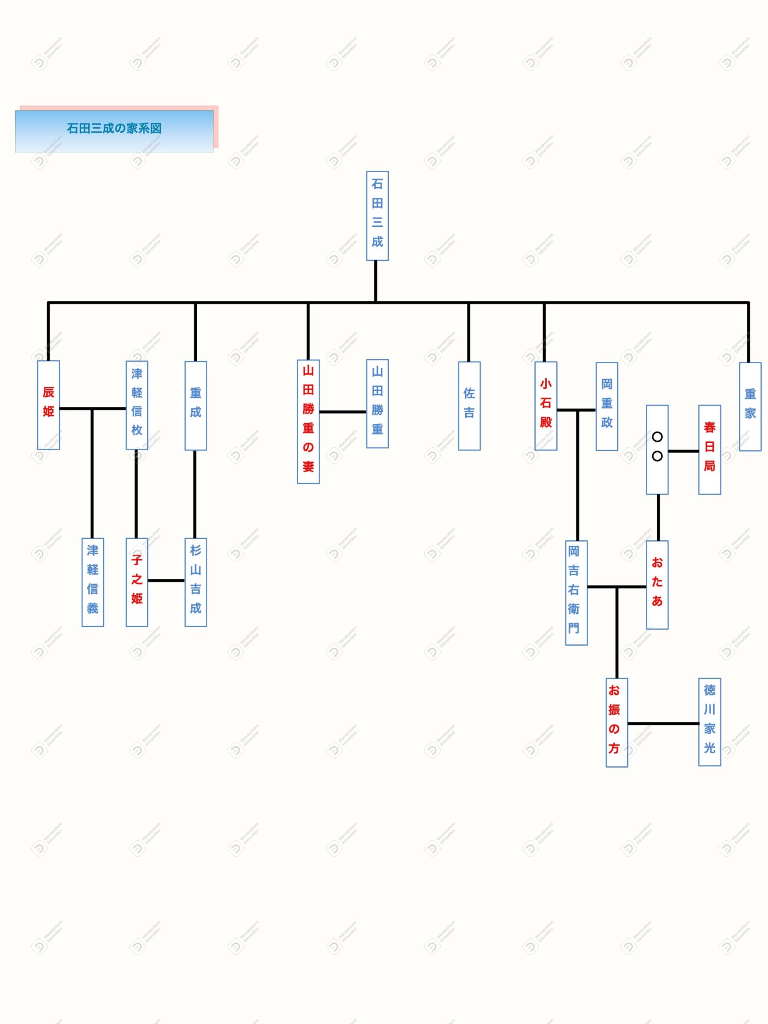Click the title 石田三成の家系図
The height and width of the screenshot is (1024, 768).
[x=114, y=129]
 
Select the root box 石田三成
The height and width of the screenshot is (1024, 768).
[x=377, y=216]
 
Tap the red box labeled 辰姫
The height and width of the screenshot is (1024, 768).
[x=49, y=405]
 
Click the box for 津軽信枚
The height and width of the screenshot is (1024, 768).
[x=137, y=405]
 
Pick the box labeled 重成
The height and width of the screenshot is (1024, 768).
[x=196, y=405]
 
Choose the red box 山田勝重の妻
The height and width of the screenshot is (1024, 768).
[x=308, y=421]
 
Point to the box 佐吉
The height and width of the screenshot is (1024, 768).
[x=470, y=405]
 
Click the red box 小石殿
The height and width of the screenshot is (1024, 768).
[x=546, y=405]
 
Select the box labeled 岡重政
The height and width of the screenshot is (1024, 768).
[x=607, y=406]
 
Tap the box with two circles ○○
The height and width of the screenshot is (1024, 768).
[x=657, y=449]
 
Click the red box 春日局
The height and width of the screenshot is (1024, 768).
[x=710, y=449]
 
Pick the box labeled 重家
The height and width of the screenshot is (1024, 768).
[x=750, y=406]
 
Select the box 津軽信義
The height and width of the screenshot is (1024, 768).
[x=92, y=582]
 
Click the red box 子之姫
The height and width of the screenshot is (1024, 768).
[x=137, y=582]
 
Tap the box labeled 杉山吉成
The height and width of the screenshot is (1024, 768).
[x=196, y=582]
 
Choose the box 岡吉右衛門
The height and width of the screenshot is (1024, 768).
[x=576, y=592]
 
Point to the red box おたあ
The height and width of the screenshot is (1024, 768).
[x=657, y=584]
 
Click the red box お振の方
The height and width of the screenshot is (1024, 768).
[x=617, y=722]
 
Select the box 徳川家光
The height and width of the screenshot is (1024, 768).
[x=710, y=722]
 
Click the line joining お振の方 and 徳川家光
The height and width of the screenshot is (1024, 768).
[x=663, y=723]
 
